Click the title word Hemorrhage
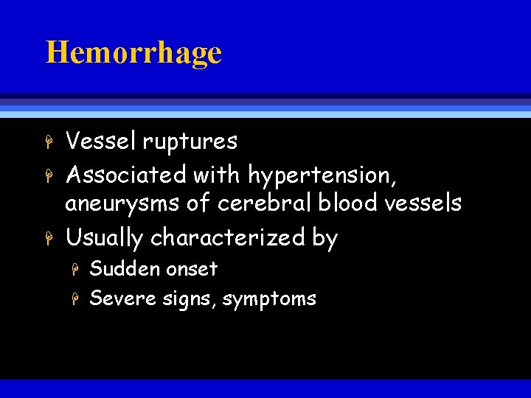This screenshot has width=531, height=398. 133,53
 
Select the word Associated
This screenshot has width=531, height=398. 126,175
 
